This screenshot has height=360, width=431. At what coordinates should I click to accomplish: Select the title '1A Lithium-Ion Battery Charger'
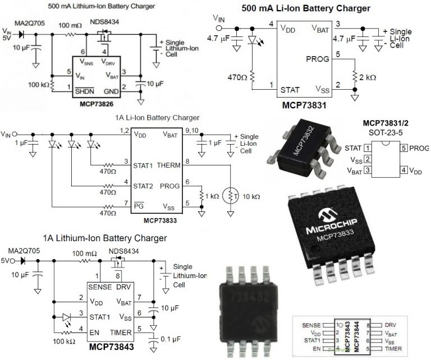[104, 238]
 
